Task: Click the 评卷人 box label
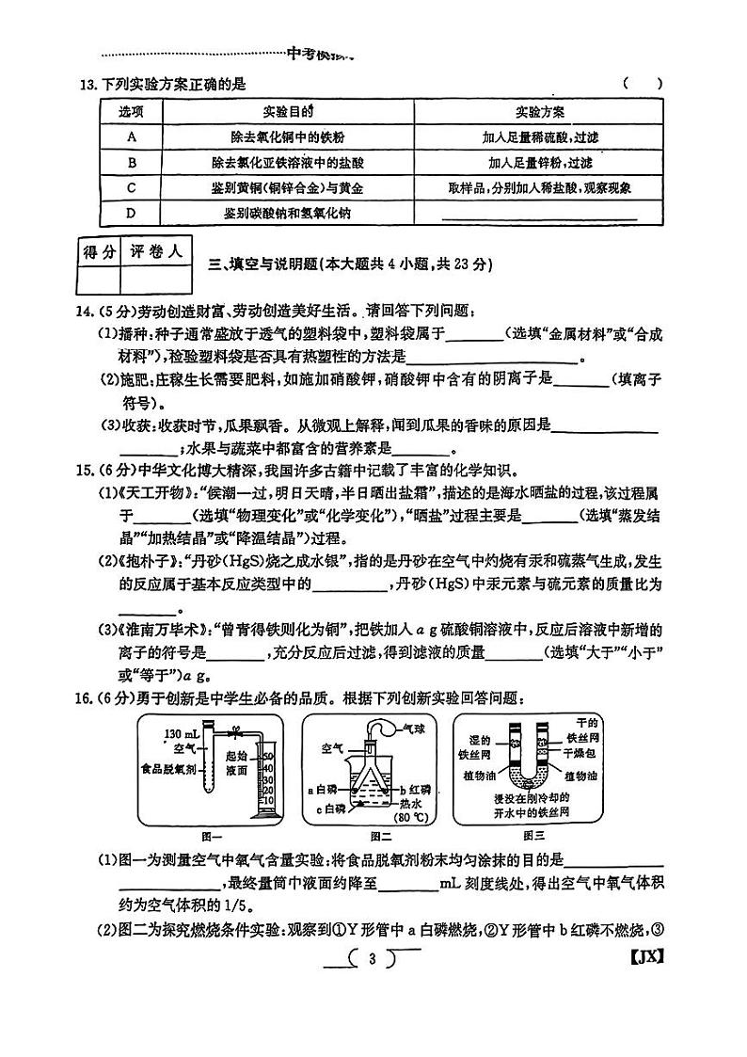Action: point(156,251)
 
